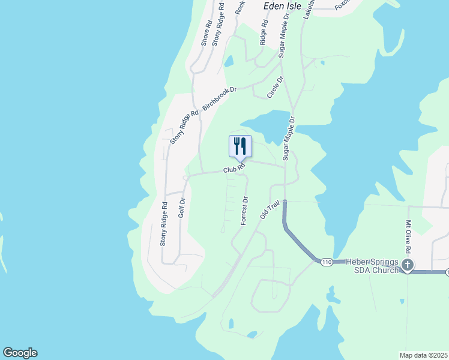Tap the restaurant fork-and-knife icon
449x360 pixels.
pos(240,146)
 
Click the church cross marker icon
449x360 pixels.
pos(408,265)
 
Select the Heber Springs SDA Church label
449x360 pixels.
pos(364,266)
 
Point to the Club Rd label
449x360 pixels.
pos(235,169)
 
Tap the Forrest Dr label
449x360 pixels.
pos(244,211)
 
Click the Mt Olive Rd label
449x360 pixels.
pos(408,237)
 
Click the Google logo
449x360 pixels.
pos(20,353)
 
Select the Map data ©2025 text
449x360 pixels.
pos(423,355)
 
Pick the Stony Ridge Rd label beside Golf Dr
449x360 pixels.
pos(163,224)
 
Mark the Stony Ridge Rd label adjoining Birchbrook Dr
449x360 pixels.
pos(184,127)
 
